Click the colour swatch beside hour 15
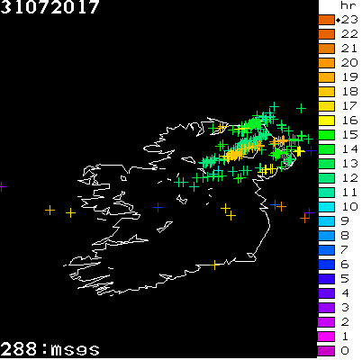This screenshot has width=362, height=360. click(x=326, y=134)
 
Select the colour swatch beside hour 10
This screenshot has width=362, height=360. click(x=326, y=206)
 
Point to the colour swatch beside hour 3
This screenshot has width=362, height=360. click(x=326, y=307)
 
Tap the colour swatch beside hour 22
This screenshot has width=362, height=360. click(x=326, y=33)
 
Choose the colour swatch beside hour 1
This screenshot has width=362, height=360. click(x=326, y=336)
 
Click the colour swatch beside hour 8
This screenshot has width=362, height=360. click(x=326, y=235)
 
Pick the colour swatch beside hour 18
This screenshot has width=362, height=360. click(x=326, y=91)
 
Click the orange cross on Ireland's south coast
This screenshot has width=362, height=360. click(x=215, y=265)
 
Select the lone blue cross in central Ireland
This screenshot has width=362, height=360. click(x=158, y=208)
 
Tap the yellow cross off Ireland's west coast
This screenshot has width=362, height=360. click(x=70, y=212)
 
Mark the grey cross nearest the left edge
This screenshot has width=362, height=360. click(x=3, y=186)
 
